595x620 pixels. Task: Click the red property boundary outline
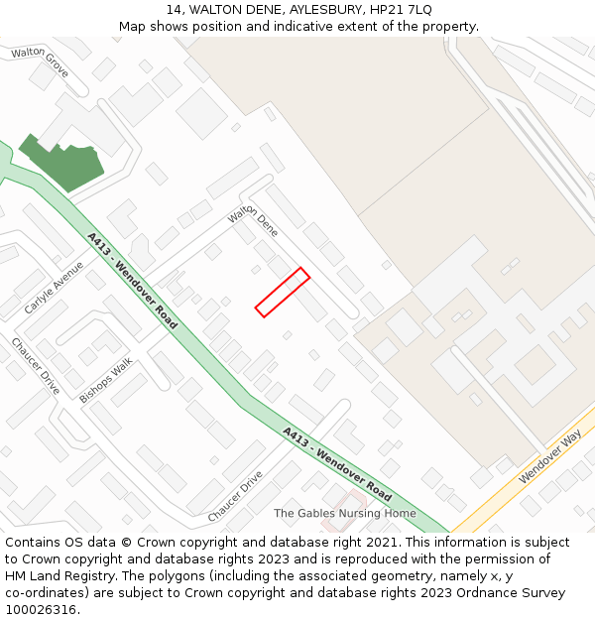pyautogui.click(x=283, y=292)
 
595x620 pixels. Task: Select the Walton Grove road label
pyautogui.click(x=40, y=62)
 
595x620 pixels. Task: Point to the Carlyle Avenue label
pyautogui.click(x=55, y=288)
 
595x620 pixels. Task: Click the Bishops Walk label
pyautogui.click(x=106, y=380)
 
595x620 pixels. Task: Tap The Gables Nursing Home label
pyautogui.click(x=345, y=513)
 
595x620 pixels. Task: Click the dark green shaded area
pyautogui.click(x=65, y=164)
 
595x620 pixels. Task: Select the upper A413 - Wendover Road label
pyautogui.click(x=132, y=281)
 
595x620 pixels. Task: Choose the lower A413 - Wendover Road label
pyautogui.click(x=336, y=463)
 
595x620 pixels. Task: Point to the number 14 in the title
pyautogui.click(x=174, y=9)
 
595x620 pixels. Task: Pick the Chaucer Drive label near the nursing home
pyautogui.click(x=235, y=496)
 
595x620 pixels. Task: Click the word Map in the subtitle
pyautogui.click(x=133, y=26)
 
